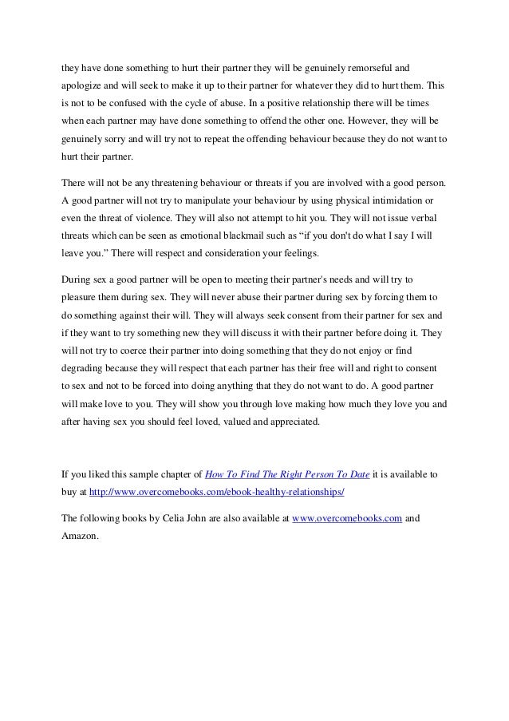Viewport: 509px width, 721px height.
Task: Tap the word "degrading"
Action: click(x=85, y=369)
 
